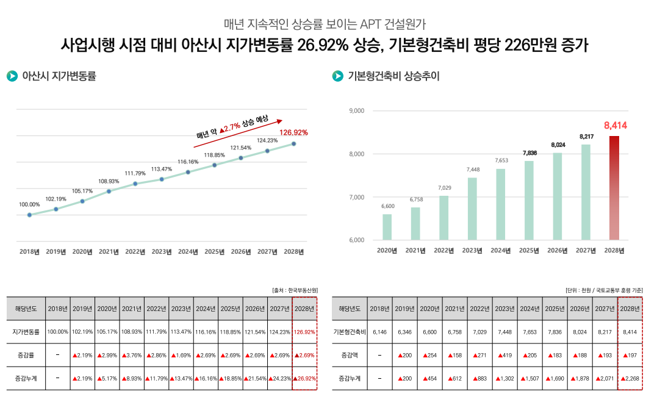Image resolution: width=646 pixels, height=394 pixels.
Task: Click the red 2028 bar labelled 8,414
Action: point(614,188)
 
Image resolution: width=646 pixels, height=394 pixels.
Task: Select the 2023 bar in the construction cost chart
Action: point(472,209)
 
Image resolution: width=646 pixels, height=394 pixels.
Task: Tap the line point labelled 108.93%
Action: point(109,191)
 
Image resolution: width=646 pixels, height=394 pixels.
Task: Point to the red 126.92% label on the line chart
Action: point(293,132)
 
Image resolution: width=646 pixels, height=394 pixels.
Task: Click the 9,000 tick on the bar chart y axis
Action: point(356,111)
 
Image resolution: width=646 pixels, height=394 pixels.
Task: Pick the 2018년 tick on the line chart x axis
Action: point(29,251)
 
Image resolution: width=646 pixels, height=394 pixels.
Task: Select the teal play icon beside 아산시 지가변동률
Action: point(12,76)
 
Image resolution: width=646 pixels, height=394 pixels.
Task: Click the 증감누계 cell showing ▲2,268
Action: point(630,378)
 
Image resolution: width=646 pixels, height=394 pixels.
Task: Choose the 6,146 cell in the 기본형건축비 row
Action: point(379,332)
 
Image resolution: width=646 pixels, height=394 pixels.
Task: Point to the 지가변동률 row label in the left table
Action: point(26,332)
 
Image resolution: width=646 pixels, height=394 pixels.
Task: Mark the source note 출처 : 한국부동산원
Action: point(295,290)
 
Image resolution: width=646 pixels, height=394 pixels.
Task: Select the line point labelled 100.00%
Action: point(29,215)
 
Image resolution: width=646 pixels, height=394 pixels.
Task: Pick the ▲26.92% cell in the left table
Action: point(304,378)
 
